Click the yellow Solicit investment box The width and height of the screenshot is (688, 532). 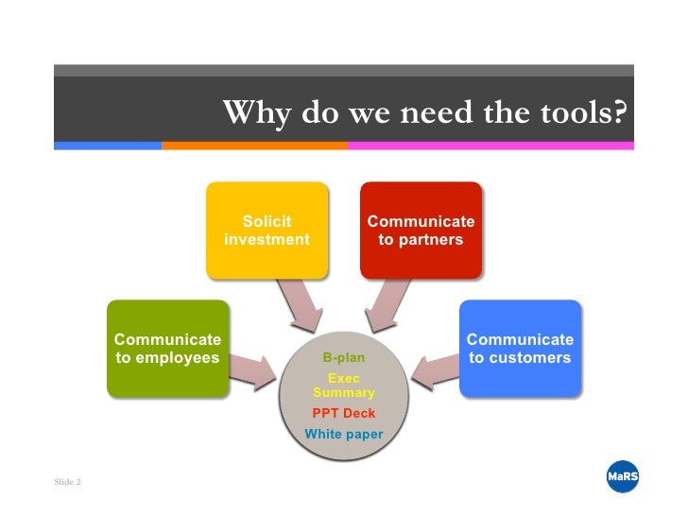tap(267, 231)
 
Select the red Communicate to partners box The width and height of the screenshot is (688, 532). tap(421, 231)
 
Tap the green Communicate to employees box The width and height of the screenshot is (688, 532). tap(167, 348)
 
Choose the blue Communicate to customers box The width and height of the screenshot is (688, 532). tap(520, 348)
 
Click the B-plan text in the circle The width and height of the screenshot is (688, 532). tap(343, 358)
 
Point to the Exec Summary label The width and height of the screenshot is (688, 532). tap(343, 386)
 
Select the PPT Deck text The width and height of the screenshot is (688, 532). tap(343, 413)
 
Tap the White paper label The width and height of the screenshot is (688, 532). tap(343, 435)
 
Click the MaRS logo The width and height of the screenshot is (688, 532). tap(622, 478)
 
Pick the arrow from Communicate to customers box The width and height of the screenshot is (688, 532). tap(436, 369)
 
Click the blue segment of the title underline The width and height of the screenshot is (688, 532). tap(108, 146)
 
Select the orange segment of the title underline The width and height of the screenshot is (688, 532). tap(254, 146)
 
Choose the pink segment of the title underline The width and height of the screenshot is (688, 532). tap(490, 146)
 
